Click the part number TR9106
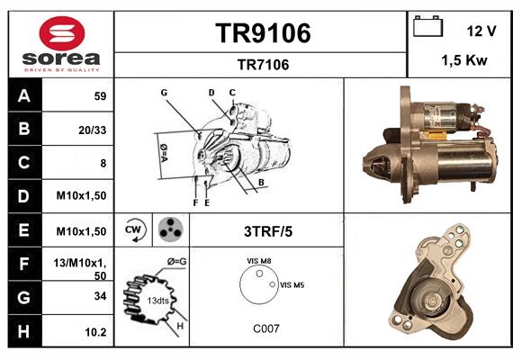tap(262, 33)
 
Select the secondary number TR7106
tap(262, 64)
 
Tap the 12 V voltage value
tap(481, 31)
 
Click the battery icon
tap(427, 28)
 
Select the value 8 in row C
tap(103, 164)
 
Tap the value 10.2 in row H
tap(95, 332)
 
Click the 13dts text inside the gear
tap(157, 300)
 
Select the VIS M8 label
tap(259, 260)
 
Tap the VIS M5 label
tap(292, 284)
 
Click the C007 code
tap(266, 328)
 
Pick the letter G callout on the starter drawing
tap(165, 93)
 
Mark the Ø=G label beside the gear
tap(176, 262)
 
